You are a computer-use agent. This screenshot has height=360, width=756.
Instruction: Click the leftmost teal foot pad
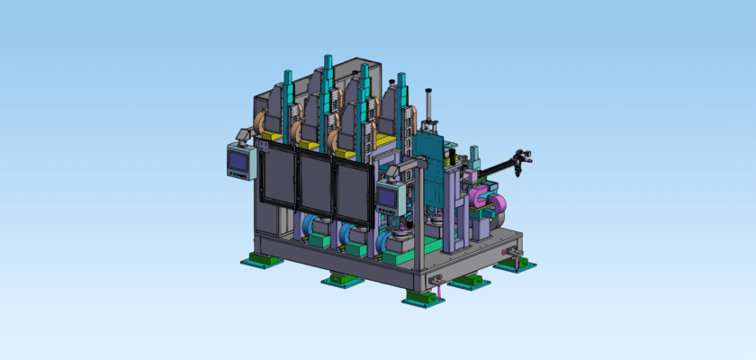pyautogui.click(x=261, y=262)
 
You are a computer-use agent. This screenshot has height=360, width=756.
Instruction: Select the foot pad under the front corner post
pyautogui.click(x=423, y=298)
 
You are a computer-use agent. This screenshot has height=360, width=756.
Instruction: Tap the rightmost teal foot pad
pyautogui.click(x=516, y=265)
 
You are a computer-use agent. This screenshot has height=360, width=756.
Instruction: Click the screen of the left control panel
pyautogui.click(x=238, y=163)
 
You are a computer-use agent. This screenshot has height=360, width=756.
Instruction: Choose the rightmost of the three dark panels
pyautogui.click(x=352, y=193)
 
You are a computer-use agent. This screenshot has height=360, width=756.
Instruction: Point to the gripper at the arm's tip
pyautogui.click(x=520, y=161)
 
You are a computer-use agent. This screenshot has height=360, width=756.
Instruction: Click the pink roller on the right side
pyautogui.click(x=473, y=193)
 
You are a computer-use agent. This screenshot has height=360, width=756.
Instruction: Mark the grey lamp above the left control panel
pyautogui.click(x=243, y=135)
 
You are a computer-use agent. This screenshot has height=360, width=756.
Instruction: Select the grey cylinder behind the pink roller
pyautogui.click(x=499, y=209)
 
